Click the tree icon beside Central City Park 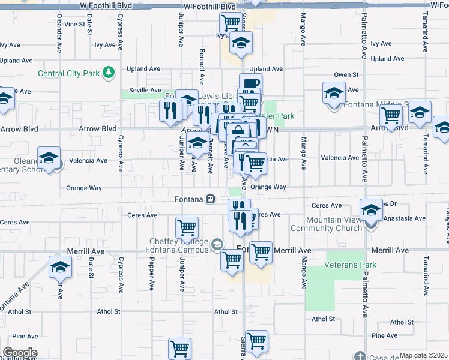pos(109,73)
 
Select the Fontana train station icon pos(211,199)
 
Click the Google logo pos(19,353)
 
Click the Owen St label pos(346,75)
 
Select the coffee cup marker pos(250,83)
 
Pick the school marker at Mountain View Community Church pos(372,210)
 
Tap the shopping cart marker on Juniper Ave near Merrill pos(187,228)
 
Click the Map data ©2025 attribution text pos(423,355)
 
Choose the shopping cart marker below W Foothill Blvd pos(231,23)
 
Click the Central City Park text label pos(68,74)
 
